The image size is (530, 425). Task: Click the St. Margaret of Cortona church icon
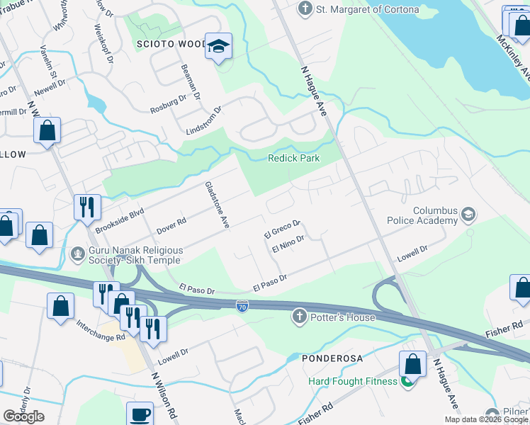pyautogui.click(x=305, y=9)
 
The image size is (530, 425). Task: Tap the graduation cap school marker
pyautogui.click(x=219, y=47)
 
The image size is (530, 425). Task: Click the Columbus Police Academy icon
pyautogui.click(x=468, y=213)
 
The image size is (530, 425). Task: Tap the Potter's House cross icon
pyautogui.click(x=300, y=317)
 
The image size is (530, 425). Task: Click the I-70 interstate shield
pyautogui.click(x=242, y=305)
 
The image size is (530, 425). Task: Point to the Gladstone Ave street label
pyautogui.click(x=217, y=204)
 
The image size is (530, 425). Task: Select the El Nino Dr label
pyautogui.click(x=288, y=244)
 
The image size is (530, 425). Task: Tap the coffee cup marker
pyautogui.click(x=140, y=414)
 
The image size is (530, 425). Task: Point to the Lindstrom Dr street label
pyautogui.click(x=204, y=120)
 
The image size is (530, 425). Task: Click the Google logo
pyautogui.click(x=23, y=416)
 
